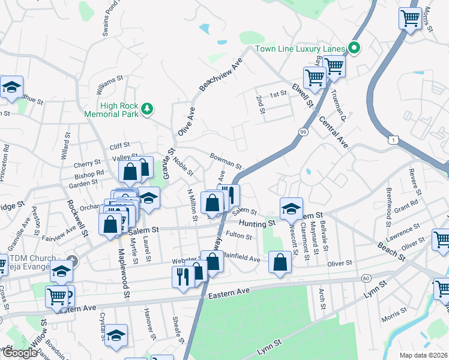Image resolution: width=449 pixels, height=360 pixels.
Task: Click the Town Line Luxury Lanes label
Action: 300,49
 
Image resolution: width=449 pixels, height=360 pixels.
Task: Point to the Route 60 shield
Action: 366,278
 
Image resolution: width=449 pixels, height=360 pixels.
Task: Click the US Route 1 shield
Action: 392,140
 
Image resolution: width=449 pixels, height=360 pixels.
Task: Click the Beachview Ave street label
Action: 220,75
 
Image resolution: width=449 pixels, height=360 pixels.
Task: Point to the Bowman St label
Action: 225,160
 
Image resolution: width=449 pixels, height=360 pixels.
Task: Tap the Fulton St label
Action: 239,236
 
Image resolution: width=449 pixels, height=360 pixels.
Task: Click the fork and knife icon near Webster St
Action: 182,277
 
